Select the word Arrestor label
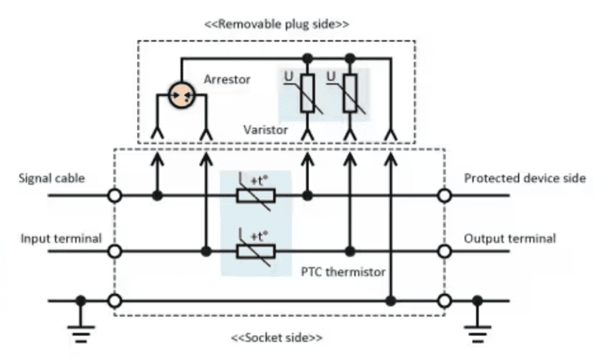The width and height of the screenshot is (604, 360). (226, 79)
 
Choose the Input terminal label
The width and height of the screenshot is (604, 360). (61, 238)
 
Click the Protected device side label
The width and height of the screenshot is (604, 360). (525, 178)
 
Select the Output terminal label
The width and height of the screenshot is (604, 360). (510, 238)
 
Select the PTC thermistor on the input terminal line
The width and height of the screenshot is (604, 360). (256, 252)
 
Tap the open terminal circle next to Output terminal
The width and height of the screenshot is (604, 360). (445, 252)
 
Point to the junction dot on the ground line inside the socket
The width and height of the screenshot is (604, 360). (390, 300)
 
